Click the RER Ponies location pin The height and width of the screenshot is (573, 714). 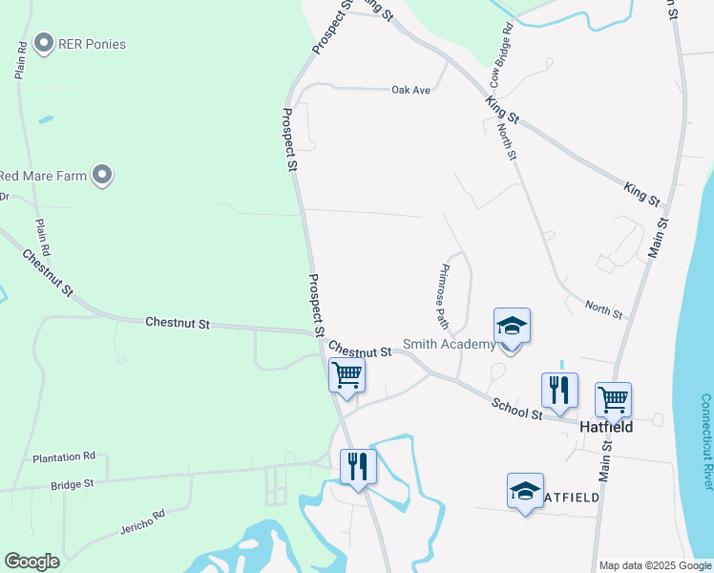[x=43, y=43]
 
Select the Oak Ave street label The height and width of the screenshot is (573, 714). [x=411, y=90]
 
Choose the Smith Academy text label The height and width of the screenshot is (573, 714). [x=449, y=344]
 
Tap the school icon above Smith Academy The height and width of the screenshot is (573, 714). [x=512, y=327]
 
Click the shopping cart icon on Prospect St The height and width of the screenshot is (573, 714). [x=346, y=374]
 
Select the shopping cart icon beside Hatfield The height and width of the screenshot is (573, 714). [x=613, y=398]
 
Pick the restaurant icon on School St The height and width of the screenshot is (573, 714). [x=559, y=390]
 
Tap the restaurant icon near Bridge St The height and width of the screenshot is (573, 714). [x=359, y=467]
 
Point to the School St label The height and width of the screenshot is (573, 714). [x=516, y=409]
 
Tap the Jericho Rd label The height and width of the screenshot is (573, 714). [x=143, y=520]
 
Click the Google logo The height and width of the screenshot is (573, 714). [x=32, y=562]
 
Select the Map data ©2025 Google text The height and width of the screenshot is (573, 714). [x=655, y=565]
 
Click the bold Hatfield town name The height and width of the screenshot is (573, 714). [x=606, y=427]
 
